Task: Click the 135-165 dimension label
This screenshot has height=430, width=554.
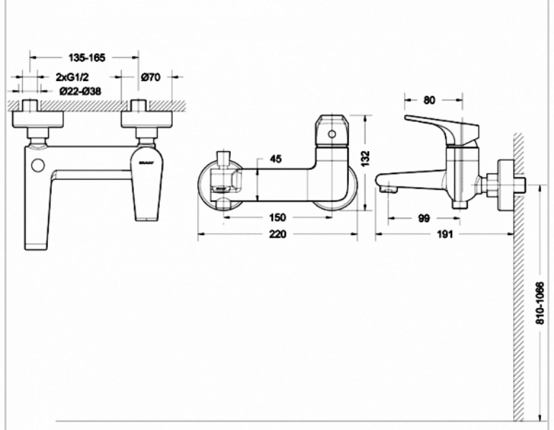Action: coord(87,57)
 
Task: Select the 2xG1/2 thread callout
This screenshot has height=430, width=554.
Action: coord(72,77)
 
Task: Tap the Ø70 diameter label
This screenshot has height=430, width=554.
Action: coord(151,77)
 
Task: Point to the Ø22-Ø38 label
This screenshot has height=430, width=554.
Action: coord(80,91)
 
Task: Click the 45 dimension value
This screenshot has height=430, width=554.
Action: coord(276,159)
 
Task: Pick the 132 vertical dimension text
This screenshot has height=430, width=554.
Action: coord(366,158)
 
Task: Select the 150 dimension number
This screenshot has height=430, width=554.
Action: coord(277,217)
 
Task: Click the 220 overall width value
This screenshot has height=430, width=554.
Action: coord(277,234)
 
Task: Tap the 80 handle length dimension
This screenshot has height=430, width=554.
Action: coord(429,100)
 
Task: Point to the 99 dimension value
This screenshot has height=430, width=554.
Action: coord(424,219)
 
